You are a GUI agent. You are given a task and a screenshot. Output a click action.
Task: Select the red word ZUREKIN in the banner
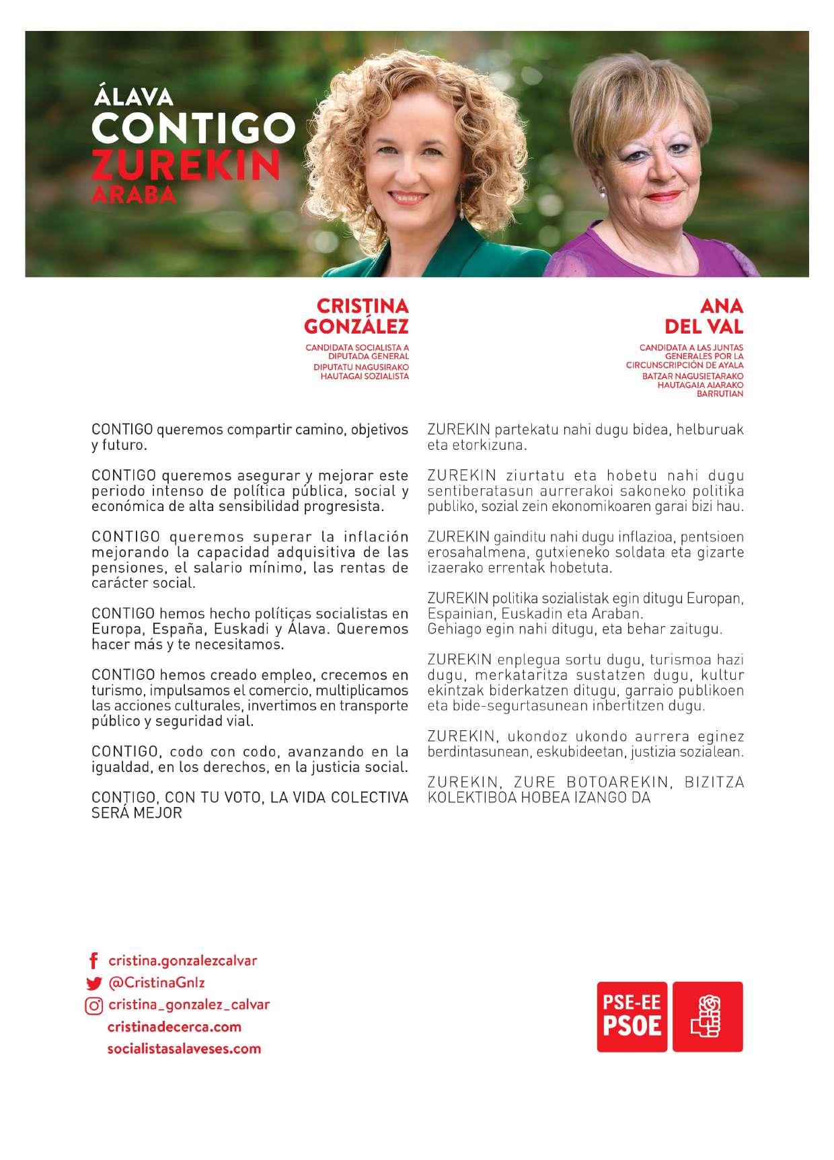(186, 163)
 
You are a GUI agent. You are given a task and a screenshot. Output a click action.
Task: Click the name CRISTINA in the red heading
(362, 306)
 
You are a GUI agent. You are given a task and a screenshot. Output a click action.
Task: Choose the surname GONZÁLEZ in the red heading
(356, 327)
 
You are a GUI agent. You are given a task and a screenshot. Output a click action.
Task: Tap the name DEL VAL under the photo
(704, 327)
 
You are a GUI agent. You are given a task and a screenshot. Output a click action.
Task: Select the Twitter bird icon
(93, 983)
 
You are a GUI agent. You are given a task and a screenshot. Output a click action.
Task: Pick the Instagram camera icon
(93, 1005)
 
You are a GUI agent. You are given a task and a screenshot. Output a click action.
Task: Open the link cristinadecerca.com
(174, 1027)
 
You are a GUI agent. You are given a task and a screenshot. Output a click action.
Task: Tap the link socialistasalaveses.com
(184, 1048)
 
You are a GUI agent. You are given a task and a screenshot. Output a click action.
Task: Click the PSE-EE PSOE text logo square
(632, 1016)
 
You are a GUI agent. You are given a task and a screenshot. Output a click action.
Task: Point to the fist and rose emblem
(708, 1016)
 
